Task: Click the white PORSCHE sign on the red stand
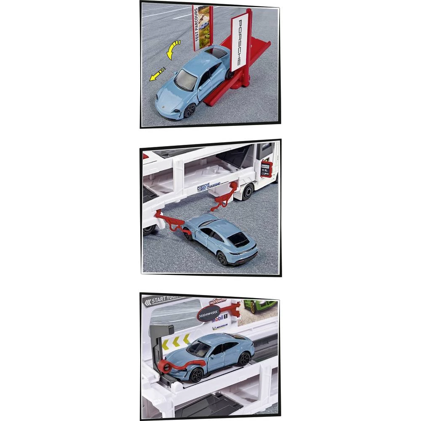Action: coord(238,41)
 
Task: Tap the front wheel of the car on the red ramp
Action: coord(189,111)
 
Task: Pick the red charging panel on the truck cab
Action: coord(266,168)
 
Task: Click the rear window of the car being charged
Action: coord(239,240)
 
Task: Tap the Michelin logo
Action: coord(220,327)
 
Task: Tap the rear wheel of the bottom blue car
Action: coord(244,358)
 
